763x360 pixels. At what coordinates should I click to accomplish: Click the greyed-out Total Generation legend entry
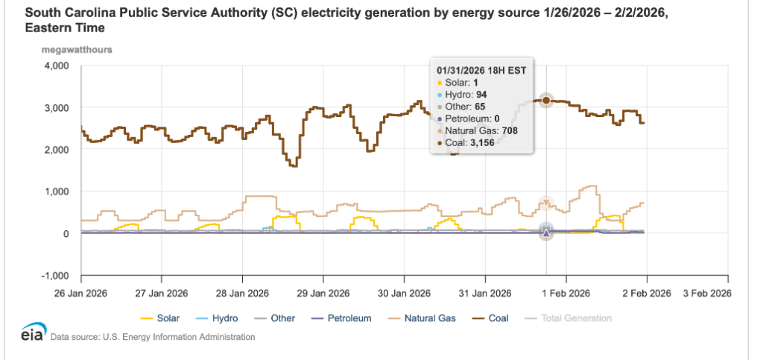tap(576, 318)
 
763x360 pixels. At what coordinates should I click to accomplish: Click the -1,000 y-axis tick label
tap(54, 276)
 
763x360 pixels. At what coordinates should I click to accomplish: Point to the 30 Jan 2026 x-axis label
tap(404, 291)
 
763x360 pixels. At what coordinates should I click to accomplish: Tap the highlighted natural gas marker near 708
tap(546, 203)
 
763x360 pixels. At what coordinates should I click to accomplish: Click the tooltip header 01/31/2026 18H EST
tap(481, 71)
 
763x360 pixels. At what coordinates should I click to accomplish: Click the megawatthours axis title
tap(82, 50)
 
